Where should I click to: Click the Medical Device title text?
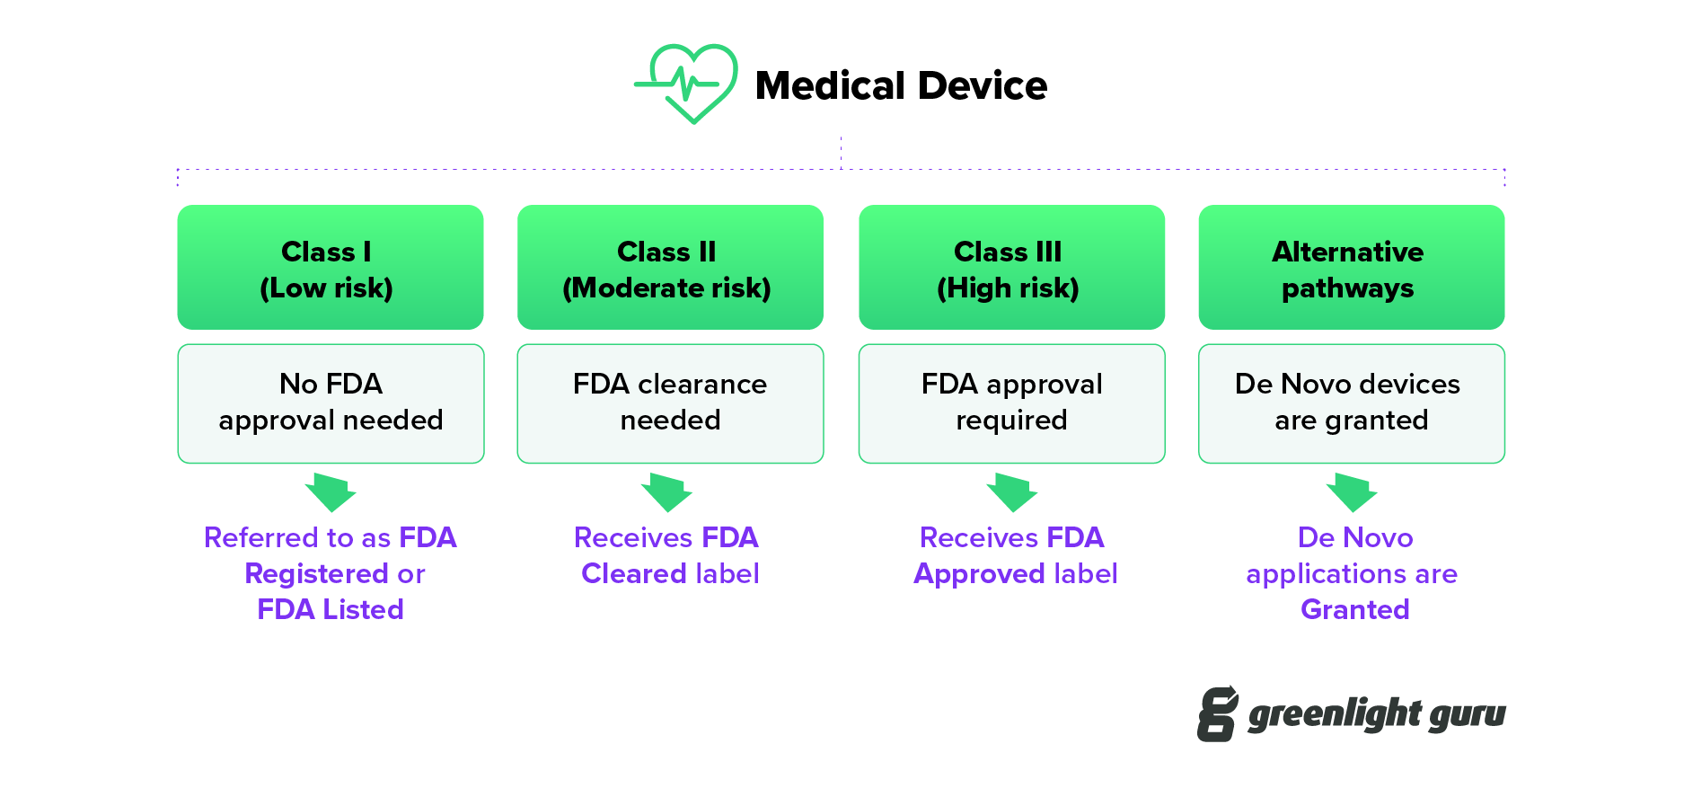point(901,86)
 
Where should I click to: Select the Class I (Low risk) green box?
point(330,268)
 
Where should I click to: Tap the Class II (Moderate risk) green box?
point(670,268)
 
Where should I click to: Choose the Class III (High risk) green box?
point(1011,268)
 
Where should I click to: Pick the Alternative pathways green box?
point(1351,268)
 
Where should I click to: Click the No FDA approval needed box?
point(330,403)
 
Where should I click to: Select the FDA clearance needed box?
point(670,403)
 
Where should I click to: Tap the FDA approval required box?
point(1011,403)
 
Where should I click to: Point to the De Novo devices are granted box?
point(1351,403)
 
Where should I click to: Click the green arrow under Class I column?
point(331,492)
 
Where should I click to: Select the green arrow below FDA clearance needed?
point(666,492)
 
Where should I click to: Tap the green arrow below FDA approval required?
point(1012,492)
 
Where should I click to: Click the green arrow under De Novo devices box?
point(1352,492)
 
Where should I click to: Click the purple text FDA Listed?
point(330,609)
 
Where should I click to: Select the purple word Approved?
point(978,574)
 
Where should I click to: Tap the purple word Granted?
point(1354,609)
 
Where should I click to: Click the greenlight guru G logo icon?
point(1217,714)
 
